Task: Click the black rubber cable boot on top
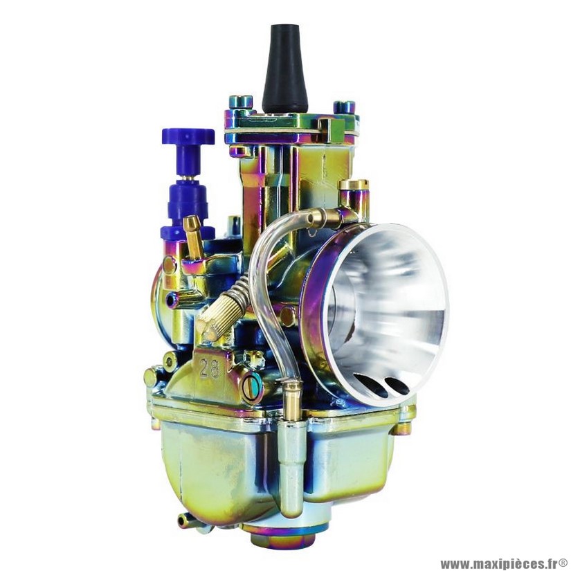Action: click(284, 69)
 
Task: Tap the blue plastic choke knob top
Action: click(188, 136)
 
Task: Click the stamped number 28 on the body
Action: click(210, 368)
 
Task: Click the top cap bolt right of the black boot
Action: click(344, 107)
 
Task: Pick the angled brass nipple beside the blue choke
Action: click(193, 236)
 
